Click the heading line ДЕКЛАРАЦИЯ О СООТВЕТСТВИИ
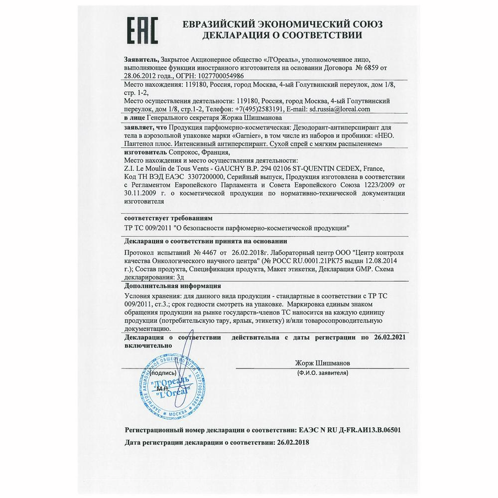pyautogui.click(x=281, y=36)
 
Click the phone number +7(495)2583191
pyautogui.click(x=258, y=108)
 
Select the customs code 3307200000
pyautogui.click(x=204, y=176)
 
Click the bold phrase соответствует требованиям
pyautogui.click(x=168, y=219)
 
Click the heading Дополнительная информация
pyautogui.click(x=172, y=286)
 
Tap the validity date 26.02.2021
pyautogui.click(x=390, y=338)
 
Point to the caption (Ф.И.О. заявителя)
pyautogui.click(x=322, y=372)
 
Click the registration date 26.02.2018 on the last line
pyautogui.click(x=291, y=442)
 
